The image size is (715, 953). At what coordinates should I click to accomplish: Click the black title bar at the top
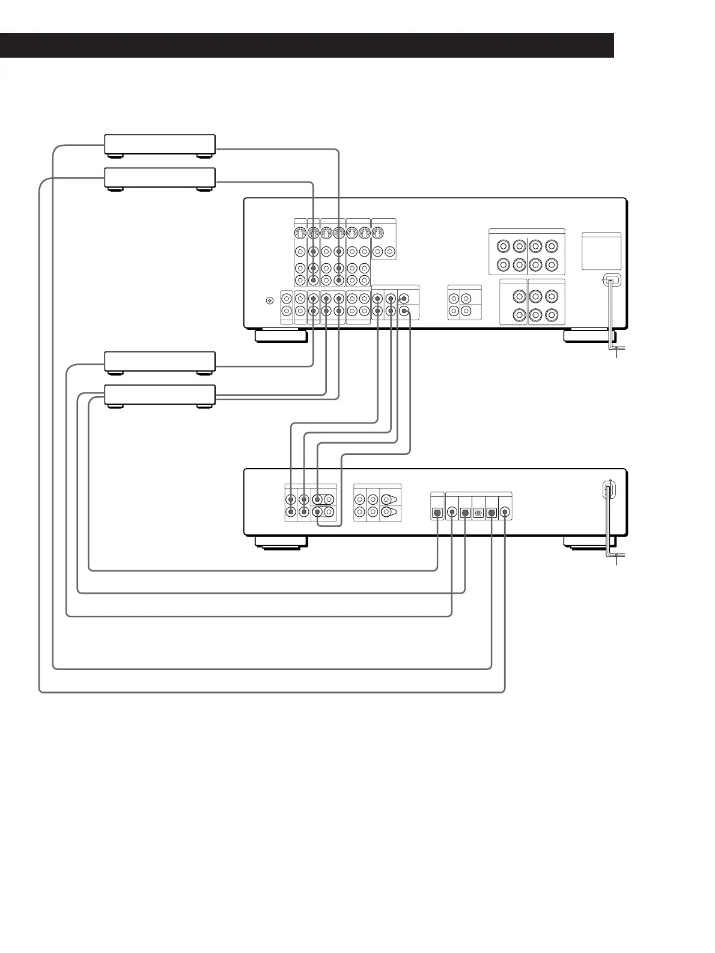(306, 45)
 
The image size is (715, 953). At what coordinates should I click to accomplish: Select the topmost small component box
(160, 144)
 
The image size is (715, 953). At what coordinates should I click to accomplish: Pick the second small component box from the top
(160, 177)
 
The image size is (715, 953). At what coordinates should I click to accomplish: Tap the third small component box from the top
(160, 361)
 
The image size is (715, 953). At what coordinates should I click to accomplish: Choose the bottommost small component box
(160, 394)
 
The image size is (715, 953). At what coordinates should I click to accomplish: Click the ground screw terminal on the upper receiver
(269, 300)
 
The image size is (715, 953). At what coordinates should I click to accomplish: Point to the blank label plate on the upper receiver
(601, 251)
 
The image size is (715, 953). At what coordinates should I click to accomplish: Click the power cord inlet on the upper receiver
(610, 280)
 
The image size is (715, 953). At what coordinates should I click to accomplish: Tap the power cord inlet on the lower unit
(607, 490)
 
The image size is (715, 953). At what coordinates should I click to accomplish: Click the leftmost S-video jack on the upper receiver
(300, 233)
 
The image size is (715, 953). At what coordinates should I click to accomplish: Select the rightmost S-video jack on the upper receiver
(377, 233)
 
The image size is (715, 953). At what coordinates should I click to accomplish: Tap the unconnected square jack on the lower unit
(478, 513)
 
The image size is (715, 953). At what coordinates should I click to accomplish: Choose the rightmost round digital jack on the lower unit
(505, 513)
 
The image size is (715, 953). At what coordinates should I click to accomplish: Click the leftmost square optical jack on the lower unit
(437, 513)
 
